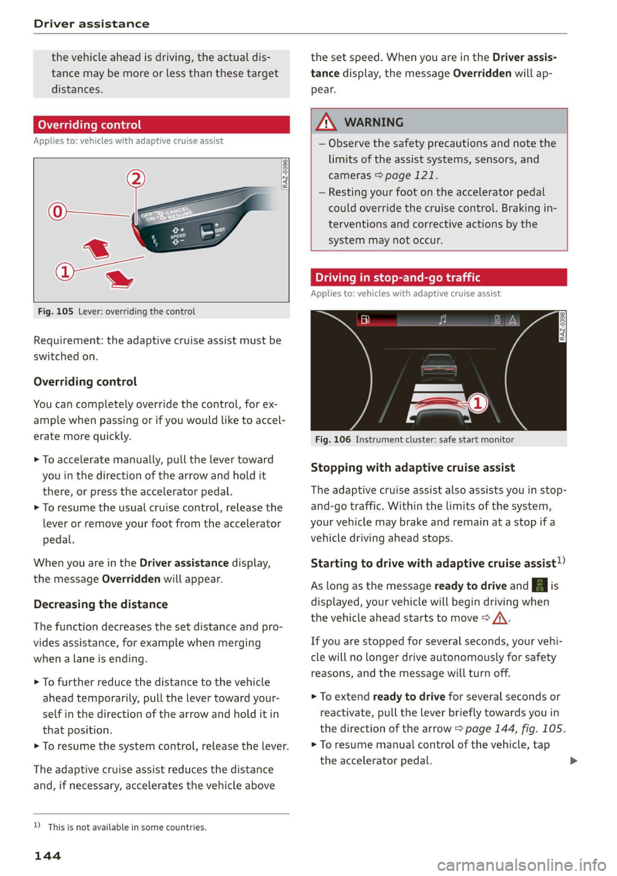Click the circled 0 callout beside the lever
click(x=57, y=211)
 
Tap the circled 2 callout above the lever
click(x=136, y=178)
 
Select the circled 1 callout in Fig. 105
click(x=64, y=271)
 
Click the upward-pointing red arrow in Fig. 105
click(x=96, y=248)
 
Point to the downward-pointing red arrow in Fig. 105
click(x=120, y=279)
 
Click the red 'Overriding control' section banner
click(x=161, y=125)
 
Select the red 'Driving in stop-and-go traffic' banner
click(x=438, y=278)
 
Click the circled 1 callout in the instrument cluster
click(x=478, y=404)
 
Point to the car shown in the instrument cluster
click(x=438, y=367)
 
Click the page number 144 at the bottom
click(x=48, y=855)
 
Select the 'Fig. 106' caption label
click(x=333, y=440)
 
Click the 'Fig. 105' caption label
click(x=55, y=312)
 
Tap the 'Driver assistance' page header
click(x=91, y=24)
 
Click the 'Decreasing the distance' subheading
click(x=100, y=604)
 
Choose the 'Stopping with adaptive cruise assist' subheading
click(x=413, y=468)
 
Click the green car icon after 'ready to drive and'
click(x=539, y=585)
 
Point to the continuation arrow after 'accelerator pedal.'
click(x=574, y=761)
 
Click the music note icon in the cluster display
click(x=443, y=319)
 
